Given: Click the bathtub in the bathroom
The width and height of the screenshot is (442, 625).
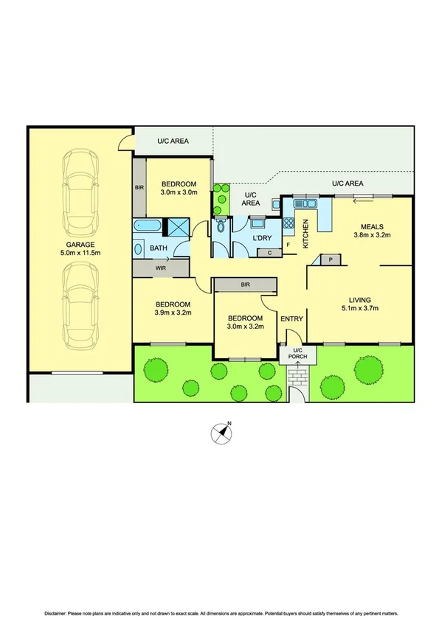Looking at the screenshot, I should (x=148, y=227).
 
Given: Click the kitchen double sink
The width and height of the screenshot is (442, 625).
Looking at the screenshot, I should (x=303, y=203).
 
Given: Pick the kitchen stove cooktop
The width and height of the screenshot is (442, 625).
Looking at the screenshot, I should (x=290, y=223).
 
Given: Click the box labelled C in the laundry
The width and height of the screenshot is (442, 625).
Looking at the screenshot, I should (x=270, y=253).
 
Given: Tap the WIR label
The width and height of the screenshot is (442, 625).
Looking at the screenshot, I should (x=161, y=269).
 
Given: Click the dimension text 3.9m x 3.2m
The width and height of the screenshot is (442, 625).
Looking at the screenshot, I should (x=172, y=312).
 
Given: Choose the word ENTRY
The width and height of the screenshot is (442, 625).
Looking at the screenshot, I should (x=291, y=318).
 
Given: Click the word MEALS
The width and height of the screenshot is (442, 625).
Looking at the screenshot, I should (x=372, y=226).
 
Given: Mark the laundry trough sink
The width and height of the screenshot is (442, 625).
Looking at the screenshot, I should (x=257, y=221).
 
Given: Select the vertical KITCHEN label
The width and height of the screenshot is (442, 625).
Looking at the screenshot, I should (x=304, y=234).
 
